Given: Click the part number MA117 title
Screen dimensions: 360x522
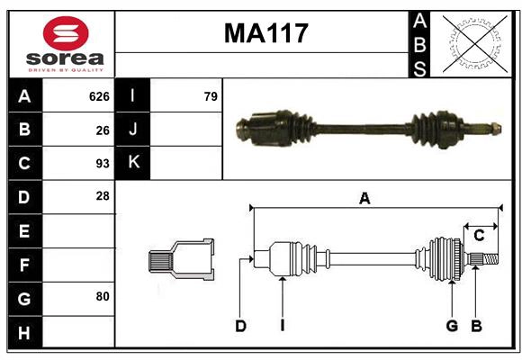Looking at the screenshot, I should click(265, 33).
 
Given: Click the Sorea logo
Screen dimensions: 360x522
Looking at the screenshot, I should click(66, 45).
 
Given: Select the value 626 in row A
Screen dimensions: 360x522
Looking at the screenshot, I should click(99, 96).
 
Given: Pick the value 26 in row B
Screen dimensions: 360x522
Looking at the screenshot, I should click(102, 130).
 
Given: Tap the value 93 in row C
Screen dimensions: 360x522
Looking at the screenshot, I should click(102, 164).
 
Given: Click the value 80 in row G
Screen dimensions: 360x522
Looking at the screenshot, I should click(102, 297).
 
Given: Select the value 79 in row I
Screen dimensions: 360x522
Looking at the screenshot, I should click(211, 96).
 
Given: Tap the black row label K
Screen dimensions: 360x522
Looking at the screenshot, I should click(133, 163).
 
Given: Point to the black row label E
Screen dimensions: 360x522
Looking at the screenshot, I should click(24, 231).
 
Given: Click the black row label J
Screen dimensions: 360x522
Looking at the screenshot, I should click(133, 130).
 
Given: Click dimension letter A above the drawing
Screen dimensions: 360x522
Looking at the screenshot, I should click(364, 199).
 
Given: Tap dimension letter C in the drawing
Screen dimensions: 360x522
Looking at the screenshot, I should click(479, 235).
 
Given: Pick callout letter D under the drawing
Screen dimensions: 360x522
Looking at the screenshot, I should click(240, 326).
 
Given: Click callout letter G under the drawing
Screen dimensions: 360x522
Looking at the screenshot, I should click(452, 326).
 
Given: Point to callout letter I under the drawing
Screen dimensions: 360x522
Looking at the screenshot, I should click(282, 326).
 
